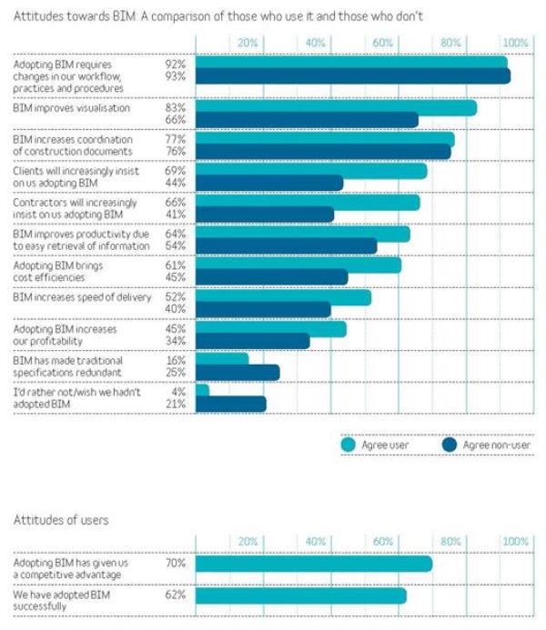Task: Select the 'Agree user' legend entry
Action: point(372,445)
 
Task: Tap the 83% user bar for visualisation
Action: point(336,107)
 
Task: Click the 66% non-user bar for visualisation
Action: point(307,120)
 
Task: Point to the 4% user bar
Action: point(202,391)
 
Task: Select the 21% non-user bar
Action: point(230,404)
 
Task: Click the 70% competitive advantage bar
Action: point(313,564)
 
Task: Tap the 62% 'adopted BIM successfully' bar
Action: point(300,596)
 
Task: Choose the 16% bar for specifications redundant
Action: point(222,360)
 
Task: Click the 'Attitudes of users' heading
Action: point(61,520)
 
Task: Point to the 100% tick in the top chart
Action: point(515,43)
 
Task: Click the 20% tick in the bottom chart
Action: point(248,541)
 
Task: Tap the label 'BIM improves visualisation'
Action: point(71,108)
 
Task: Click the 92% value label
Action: point(176,65)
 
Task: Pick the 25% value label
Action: point(176,373)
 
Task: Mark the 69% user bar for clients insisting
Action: point(311,170)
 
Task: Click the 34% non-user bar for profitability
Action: point(252,341)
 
